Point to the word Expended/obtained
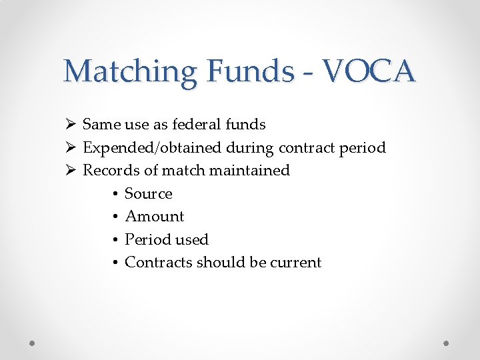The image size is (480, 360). pyautogui.click(x=143, y=147)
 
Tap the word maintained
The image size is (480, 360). pyautogui.click(x=249, y=170)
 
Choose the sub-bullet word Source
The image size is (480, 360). pyautogui.click(x=149, y=193)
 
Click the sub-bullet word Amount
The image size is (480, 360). pyautogui.click(x=155, y=216)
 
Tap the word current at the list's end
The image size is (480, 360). pyautogui.click(x=295, y=262)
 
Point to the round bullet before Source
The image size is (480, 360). pyautogui.click(x=115, y=194)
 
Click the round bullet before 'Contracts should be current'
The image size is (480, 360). pyautogui.click(x=115, y=263)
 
